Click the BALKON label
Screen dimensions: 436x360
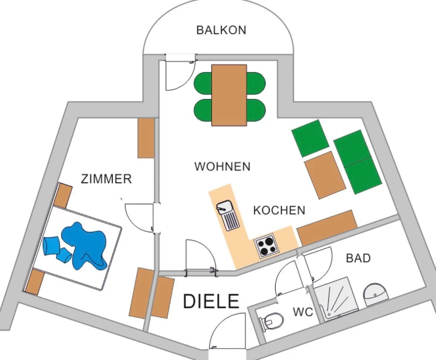tap(222, 30)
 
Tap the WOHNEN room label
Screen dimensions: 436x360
tap(223, 166)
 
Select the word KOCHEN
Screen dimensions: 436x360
tap(279, 210)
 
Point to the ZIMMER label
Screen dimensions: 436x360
tap(106, 179)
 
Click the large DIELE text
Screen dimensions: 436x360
tap(211, 301)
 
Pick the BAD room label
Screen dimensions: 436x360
tap(358, 258)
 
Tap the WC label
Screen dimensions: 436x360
tap(303, 312)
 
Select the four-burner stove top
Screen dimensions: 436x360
tap(266, 245)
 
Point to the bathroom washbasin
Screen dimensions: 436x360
tap(375, 295)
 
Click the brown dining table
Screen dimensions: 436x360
tap(229, 95)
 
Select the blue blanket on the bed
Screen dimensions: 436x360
tap(84, 245)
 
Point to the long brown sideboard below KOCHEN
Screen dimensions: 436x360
tap(327, 228)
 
